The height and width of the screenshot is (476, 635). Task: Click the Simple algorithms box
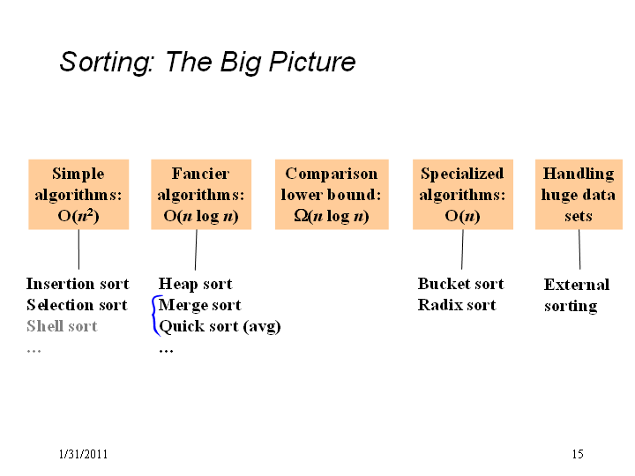coord(78,194)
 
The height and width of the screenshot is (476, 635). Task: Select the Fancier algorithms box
coord(201,194)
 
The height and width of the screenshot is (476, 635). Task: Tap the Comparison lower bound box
coord(332,194)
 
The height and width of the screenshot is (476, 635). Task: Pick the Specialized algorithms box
coord(463,194)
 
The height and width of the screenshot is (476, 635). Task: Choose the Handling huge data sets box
coord(579,194)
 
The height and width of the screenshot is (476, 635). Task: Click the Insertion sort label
coord(78,284)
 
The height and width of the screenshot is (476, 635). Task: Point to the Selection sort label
coord(77,305)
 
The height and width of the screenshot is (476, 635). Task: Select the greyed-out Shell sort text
coord(62,326)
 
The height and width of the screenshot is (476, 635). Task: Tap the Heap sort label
coord(196,284)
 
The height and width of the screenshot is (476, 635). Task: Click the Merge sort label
coord(200,305)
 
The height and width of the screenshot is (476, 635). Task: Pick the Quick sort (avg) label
coord(220,327)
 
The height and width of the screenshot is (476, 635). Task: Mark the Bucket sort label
coord(461,284)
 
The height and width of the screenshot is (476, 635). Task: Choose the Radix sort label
coord(457,305)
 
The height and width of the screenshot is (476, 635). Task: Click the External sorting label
coord(577,295)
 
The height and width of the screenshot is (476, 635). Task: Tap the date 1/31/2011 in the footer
coord(83,454)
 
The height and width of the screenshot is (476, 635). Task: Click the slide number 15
coord(578,454)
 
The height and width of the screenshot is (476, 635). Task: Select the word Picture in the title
coord(312,63)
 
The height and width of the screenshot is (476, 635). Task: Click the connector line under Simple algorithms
coord(78,249)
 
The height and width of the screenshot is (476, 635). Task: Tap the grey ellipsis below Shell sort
coord(34,351)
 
